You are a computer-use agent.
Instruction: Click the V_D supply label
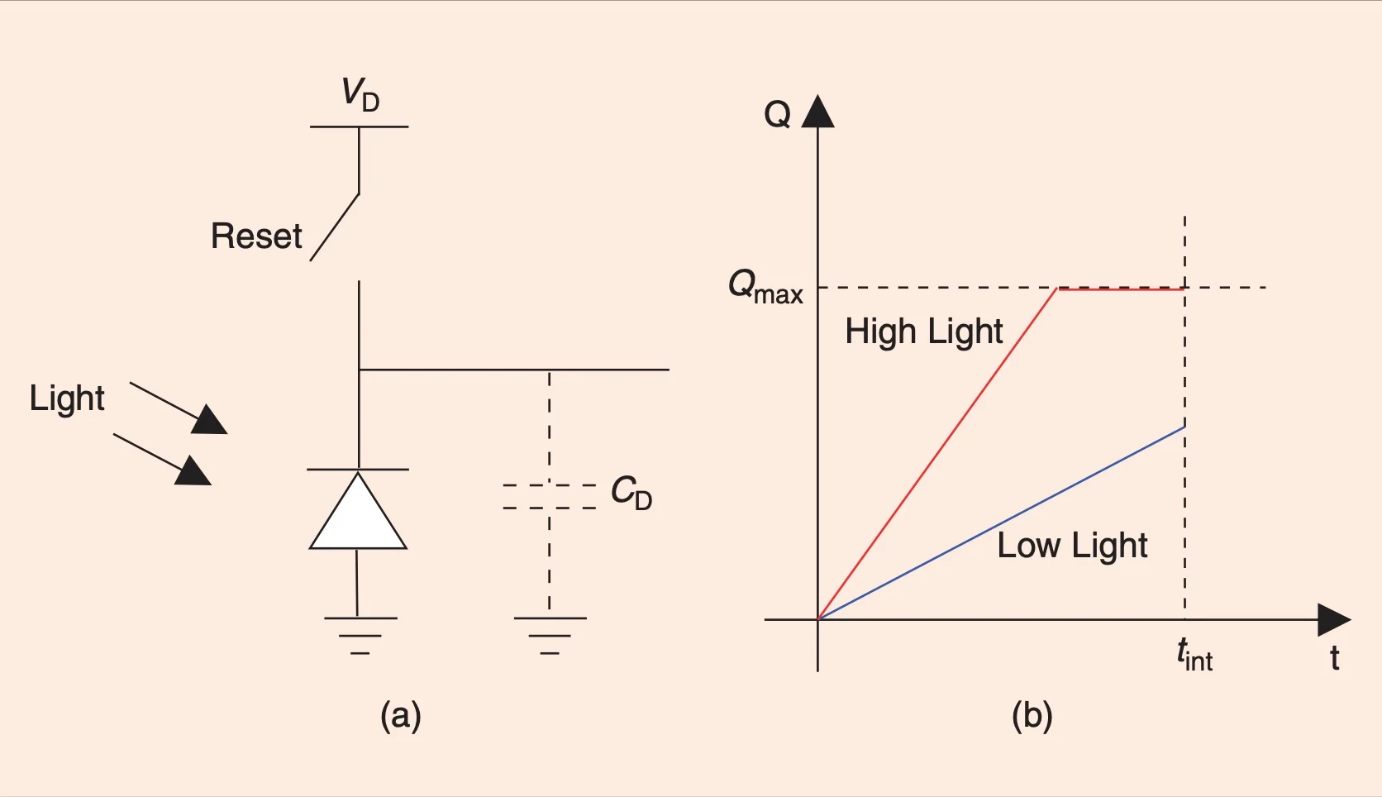pyautogui.click(x=360, y=94)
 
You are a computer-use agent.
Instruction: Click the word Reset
pyautogui.click(x=256, y=236)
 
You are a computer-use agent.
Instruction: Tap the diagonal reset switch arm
pyautogui.click(x=335, y=227)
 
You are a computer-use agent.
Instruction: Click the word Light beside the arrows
pyautogui.click(x=67, y=398)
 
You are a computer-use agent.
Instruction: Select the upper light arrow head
pyautogui.click(x=208, y=420)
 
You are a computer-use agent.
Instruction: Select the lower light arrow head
pyautogui.click(x=193, y=471)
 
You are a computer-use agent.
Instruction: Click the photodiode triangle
pyautogui.click(x=358, y=514)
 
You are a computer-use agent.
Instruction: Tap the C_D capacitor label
pyautogui.click(x=631, y=493)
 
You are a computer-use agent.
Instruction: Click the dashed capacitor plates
pyautogui.click(x=550, y=496)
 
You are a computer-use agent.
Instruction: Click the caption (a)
pyautogui.click(x=401, y=715)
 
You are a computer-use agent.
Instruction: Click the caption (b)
pyautogui.click(x=1032, y=715)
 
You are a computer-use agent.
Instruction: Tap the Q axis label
pyautogui.click(x=777, y=114)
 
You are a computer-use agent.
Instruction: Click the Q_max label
pyautogui.click(x=765, y=288)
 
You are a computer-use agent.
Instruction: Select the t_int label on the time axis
pyautogui.click(x=1194, y=655)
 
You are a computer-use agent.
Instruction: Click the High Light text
pyautogui.click(x=923, y=332)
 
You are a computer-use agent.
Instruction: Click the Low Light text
pyautogui.click(x=1072, y=546)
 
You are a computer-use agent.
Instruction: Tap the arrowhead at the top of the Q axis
pyautogui.click(x=818, y=112)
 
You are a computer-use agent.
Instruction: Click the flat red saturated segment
pyautogui.click(x=1121, y=289)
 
